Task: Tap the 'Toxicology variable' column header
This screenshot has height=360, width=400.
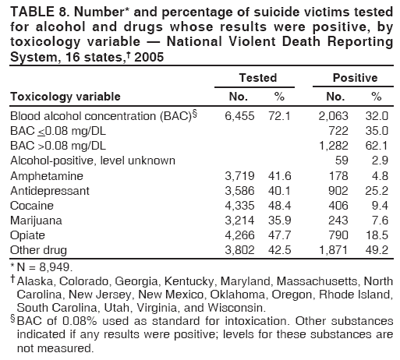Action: point(65,97)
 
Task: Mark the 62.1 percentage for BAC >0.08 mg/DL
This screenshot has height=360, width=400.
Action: point(376,145)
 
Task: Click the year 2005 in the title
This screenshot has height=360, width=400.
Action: point(153,58)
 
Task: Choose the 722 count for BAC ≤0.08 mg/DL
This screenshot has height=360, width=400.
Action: point(336,130)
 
